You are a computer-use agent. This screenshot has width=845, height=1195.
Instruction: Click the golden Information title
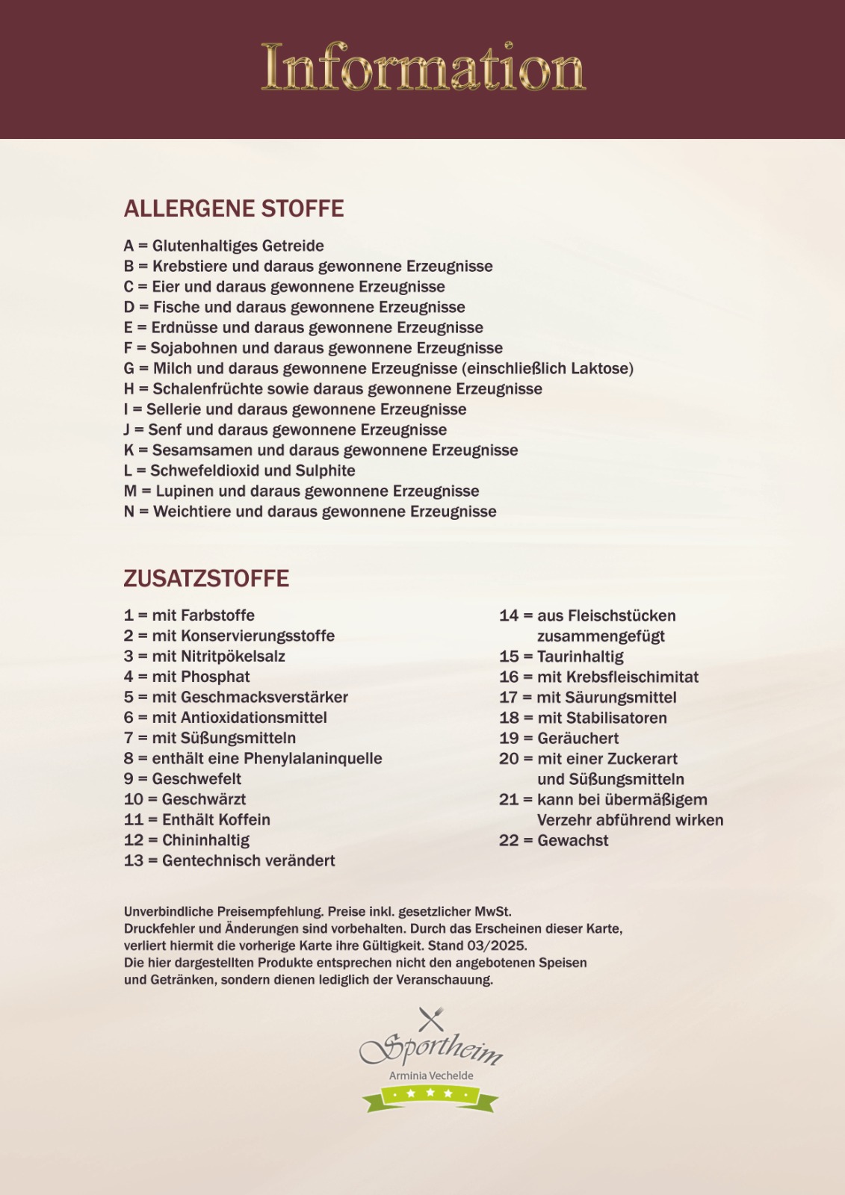[423, 68]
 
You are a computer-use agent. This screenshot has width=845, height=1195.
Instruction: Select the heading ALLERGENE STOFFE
[234, 208]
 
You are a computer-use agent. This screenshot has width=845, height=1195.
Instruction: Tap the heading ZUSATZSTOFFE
[206, 579]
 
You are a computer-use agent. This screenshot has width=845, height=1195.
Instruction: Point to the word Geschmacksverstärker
[264, 697]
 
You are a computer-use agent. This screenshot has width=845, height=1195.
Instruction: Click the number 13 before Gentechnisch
[134, 860]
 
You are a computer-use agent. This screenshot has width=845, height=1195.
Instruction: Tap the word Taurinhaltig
[581, 657]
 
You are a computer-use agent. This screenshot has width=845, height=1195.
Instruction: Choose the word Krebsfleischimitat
[632, 677]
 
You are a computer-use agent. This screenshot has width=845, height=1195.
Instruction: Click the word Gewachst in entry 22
[573, 840]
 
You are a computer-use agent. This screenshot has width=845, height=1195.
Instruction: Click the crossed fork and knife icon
[430, 1019]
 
